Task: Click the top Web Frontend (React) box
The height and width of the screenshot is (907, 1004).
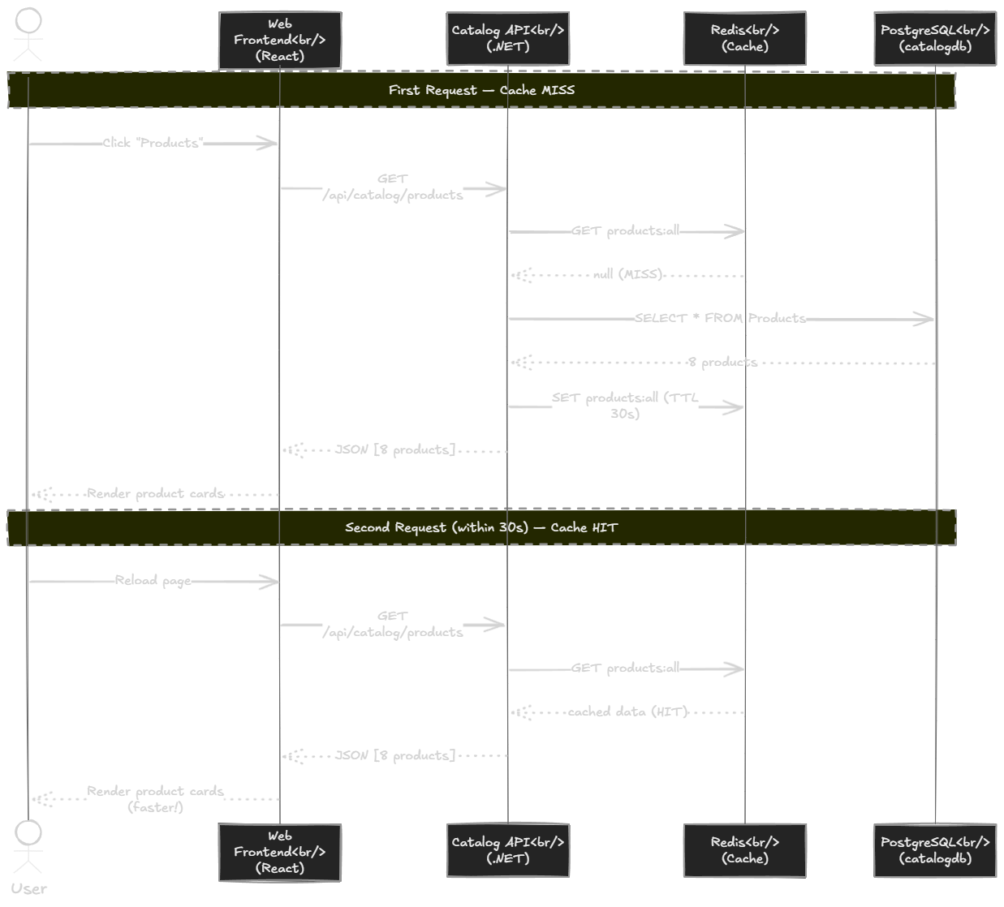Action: [x=280, y=40]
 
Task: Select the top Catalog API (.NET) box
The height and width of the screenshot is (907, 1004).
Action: [x=508, y=38]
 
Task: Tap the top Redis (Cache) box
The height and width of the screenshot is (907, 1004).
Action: [x=745, y=38]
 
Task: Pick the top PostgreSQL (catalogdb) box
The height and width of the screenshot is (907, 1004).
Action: [x=935, y=38]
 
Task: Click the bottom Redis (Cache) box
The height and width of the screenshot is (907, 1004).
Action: [x=745, y=850]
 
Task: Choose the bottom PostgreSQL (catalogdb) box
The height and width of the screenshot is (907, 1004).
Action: [x=935, y=850]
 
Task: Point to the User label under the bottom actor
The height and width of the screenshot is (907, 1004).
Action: [x=28, y=888]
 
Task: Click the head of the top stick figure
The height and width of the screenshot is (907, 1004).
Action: [x=28, y=20]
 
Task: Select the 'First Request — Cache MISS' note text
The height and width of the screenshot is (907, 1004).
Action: [x=481, y=90]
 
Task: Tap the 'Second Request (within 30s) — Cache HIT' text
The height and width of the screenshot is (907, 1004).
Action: [x=481, y=527]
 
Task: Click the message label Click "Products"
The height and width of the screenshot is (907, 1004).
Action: [x=153, y=143]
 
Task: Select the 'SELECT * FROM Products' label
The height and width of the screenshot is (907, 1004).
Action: [x=720, y=318]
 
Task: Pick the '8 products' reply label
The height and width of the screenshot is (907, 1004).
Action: [x=722, y=362]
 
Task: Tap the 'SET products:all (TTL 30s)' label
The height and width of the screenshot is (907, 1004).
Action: [x=625, y=406]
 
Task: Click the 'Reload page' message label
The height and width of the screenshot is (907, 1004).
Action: [x=153, y=580]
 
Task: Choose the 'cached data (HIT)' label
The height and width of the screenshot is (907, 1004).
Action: [x=627, y=711]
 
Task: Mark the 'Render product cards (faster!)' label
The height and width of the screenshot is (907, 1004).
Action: [x=155, y=799]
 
